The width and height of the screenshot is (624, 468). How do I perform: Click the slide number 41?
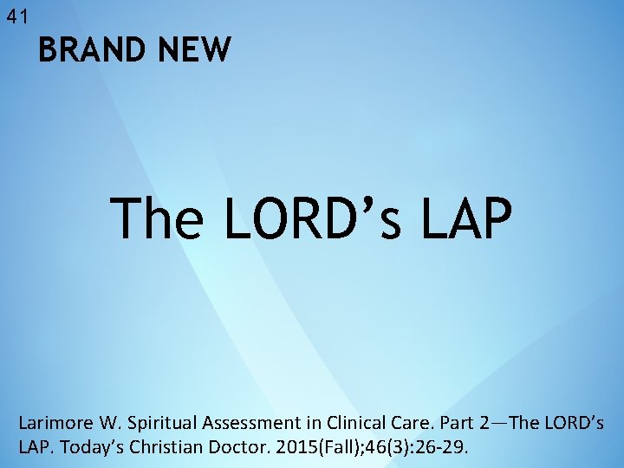tap(16, 16)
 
